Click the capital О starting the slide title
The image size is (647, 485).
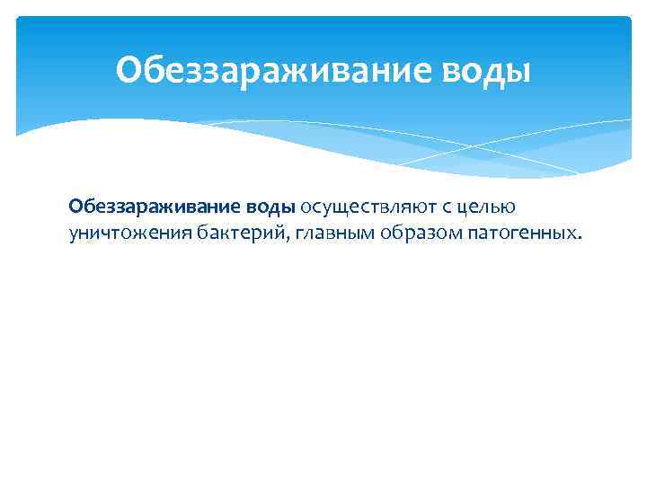coord(128,69)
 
